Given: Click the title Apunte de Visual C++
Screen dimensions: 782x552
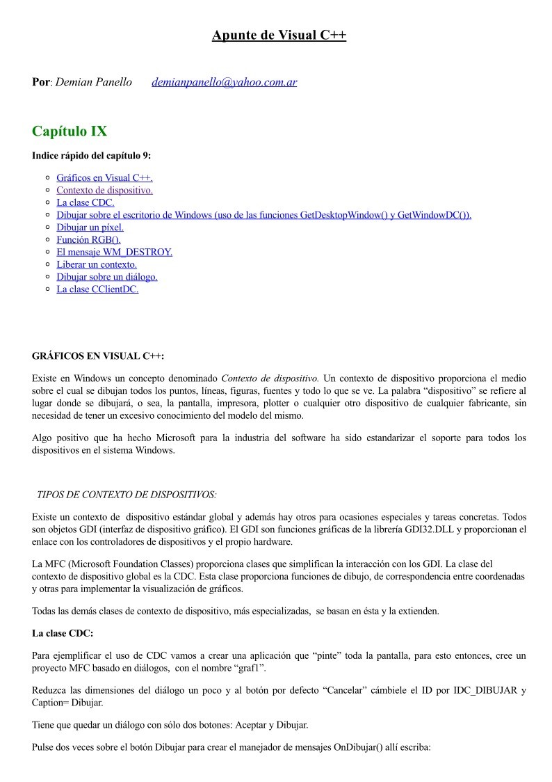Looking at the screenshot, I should coord(279,35).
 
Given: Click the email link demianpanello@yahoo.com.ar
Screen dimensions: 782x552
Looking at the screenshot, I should coord(224,82).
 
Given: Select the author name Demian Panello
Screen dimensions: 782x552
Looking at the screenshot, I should coord(93,82).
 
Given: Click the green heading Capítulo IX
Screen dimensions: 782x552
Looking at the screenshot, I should coord(70,131).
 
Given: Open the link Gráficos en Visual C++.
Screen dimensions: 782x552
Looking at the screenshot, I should coord(104,177).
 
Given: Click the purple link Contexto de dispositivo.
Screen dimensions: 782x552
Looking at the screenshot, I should coord(104,190).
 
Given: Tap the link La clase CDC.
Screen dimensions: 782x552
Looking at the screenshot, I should coord(86,202).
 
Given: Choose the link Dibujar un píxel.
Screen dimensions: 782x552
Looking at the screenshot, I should coord(90,227).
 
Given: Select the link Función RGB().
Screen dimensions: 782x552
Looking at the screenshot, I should coord(88,239).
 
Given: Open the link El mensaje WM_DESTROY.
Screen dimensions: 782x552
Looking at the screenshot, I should coord(114,252).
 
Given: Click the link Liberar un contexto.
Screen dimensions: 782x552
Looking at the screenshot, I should coord(97,264).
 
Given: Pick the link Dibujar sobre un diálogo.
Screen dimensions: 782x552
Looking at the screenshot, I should coord(107,277).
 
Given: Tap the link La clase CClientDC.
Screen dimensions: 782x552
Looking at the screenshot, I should coord(97,289).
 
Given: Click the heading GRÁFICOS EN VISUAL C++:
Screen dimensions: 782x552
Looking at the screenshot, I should coord(98,356).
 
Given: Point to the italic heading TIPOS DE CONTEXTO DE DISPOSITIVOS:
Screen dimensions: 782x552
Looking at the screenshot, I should coord(126,494).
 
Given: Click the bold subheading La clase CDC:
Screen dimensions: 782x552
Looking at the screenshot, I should coord(63,633).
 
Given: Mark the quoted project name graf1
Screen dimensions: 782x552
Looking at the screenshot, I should coord(250,668).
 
